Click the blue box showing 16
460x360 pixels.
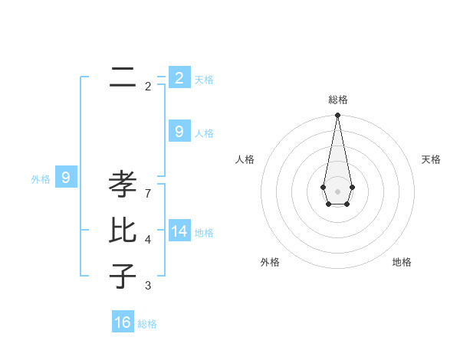(123, 322)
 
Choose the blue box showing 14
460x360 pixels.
(179, 231)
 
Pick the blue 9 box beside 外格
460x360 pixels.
(66, 178)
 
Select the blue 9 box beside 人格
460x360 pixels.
(179, 132)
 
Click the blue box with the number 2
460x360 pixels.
(179, 77)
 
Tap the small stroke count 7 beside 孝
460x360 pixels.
(148, 193)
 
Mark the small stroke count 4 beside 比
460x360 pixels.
(148, 240)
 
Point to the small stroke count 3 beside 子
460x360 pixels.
(148, 286)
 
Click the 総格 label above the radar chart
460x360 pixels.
(338, 100)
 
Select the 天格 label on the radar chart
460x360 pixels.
(431, 159)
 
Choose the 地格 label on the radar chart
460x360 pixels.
(402, 262)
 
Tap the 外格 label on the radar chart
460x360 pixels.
(270, 262)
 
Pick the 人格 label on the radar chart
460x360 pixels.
(245, 159)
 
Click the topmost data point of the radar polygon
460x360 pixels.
(337, 116)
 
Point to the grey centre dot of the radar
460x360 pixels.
(337, 191)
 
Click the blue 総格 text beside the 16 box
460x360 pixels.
(147, 324)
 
